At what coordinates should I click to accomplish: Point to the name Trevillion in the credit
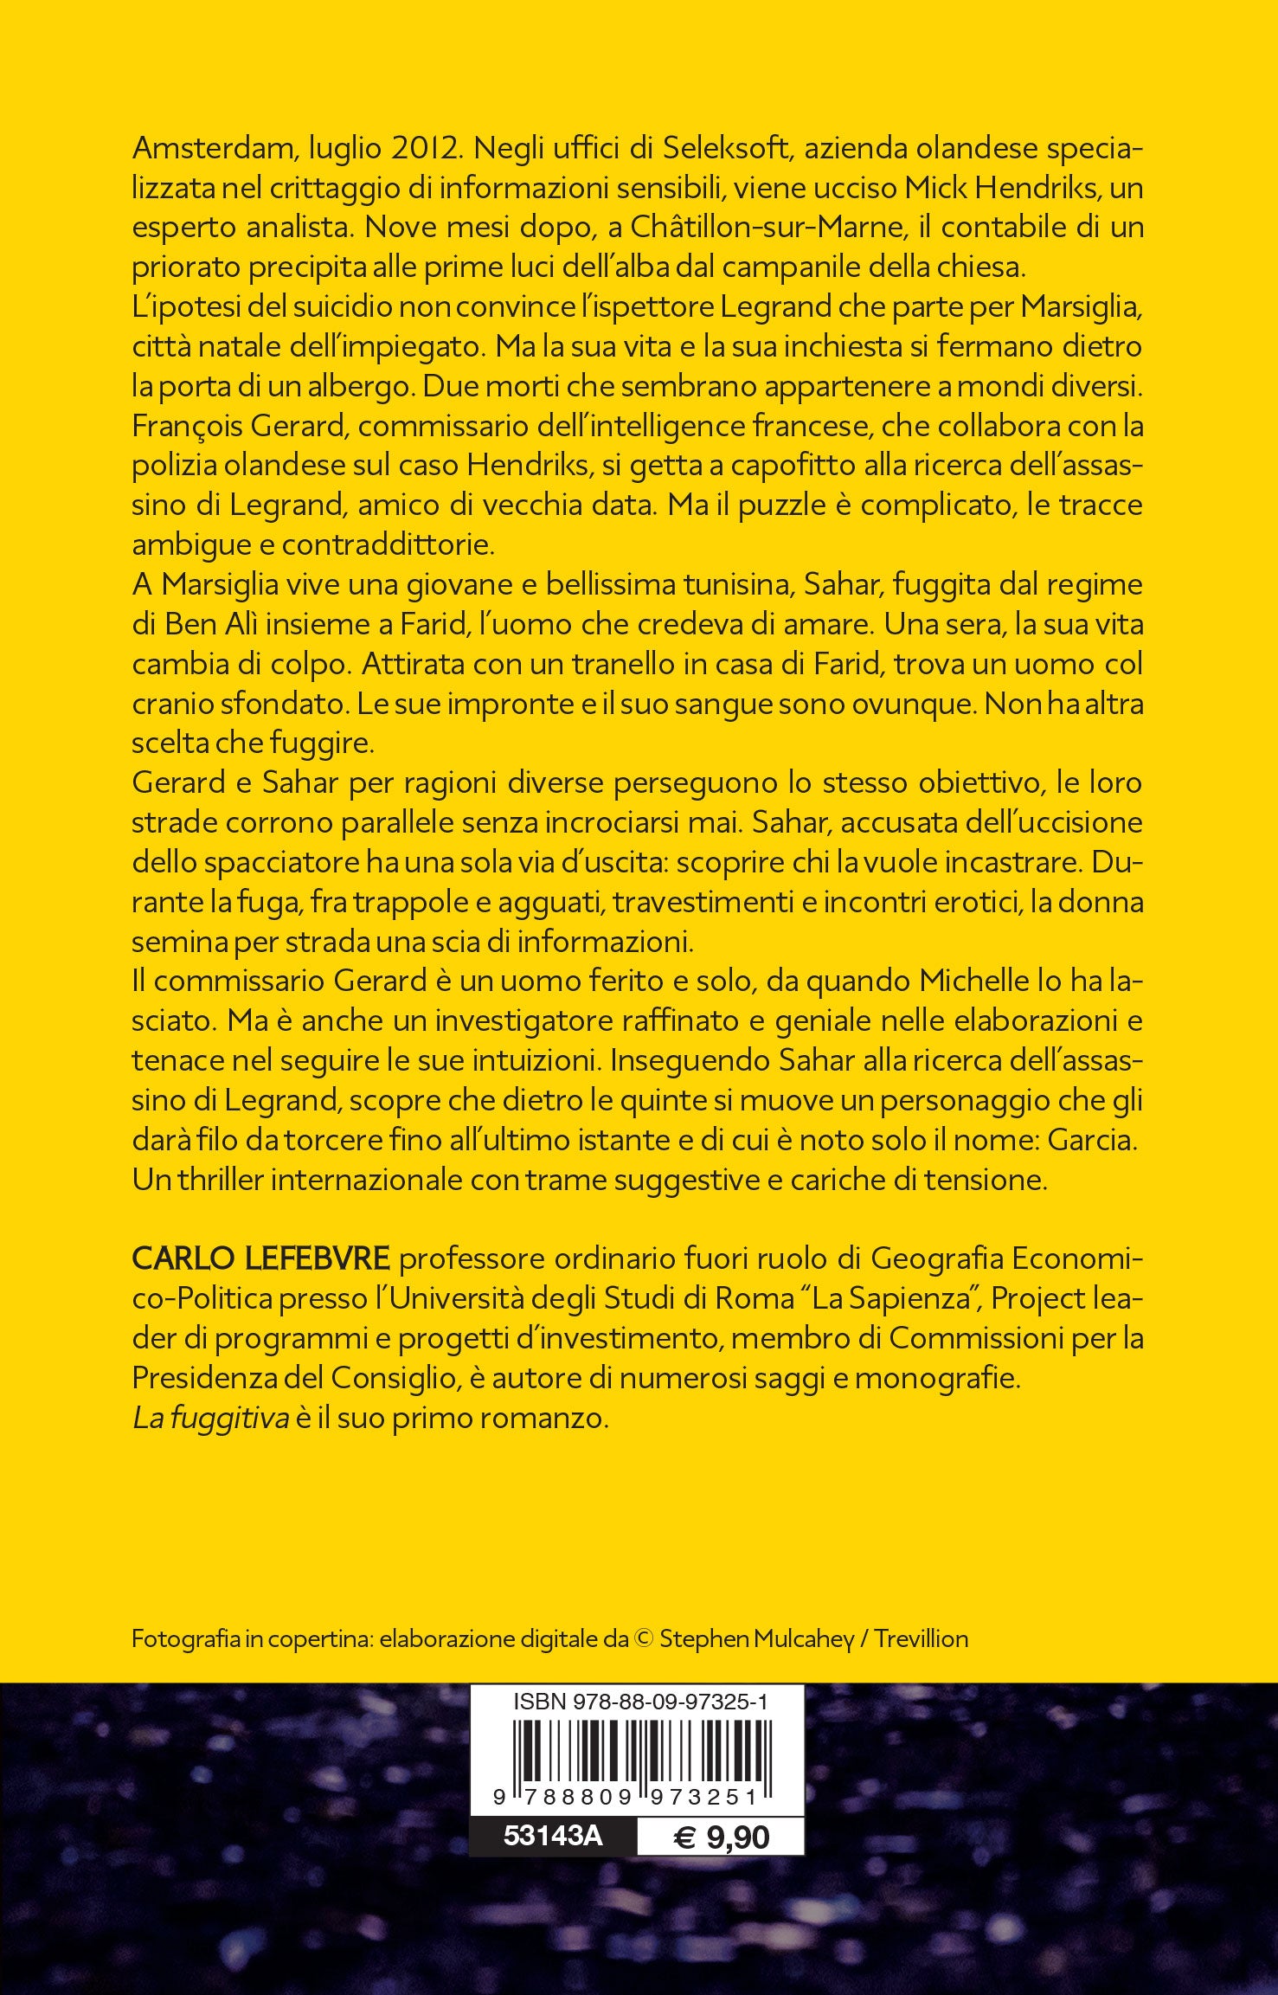pyautogui.click(x=922, y=1639)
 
